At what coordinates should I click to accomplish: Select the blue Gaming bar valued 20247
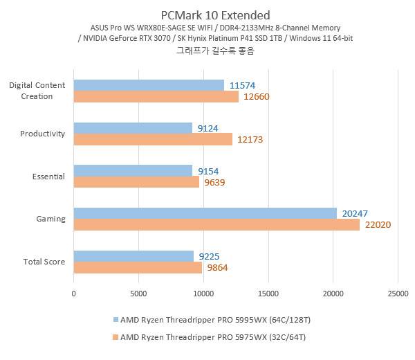click(x=205, y=213)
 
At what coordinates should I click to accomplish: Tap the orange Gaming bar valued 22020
click(x=216, y=224)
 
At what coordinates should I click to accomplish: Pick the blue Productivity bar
click(x=133, y=128)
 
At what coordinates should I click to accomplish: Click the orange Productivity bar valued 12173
click(x=153, y=139)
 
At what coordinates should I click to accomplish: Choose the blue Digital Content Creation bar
click(x=149, y=85)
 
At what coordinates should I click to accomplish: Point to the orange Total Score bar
click(x=138, y=267)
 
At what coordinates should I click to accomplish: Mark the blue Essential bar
click(x=133, y=170)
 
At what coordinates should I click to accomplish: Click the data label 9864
click(x=217, y=268)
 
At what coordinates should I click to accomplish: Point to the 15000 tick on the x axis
click(x=268, y=293)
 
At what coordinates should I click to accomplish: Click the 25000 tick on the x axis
click(x=397, y=293)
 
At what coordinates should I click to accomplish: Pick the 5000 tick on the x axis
click(x=138, y=293)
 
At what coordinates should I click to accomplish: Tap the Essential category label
click(x=48, y=177)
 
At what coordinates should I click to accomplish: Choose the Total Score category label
click(x=44, y=262)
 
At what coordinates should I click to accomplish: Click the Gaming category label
click(x=50, y=219)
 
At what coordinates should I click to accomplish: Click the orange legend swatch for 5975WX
click(x=116, y=337)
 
